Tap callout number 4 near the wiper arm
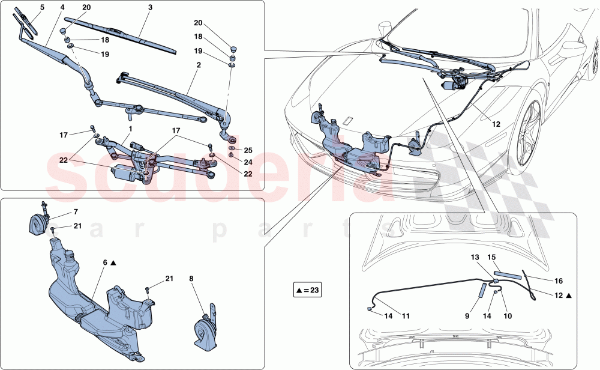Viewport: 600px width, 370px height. (62, 7)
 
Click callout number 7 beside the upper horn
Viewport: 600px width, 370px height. (76, 212)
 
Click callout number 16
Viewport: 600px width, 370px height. (542, 280)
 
